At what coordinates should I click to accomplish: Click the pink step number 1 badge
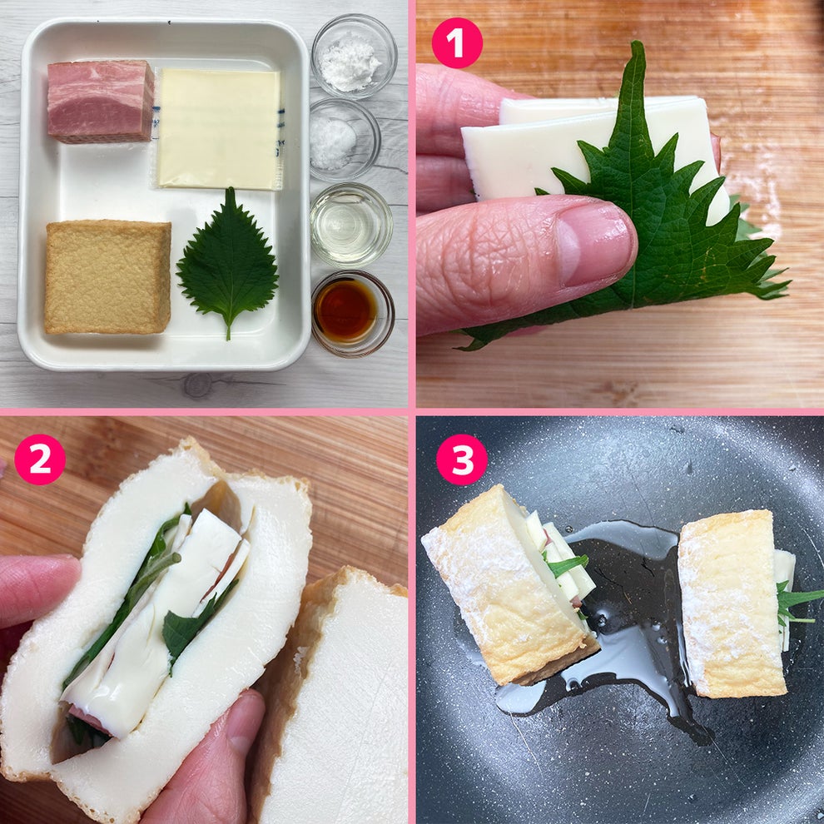pos(457,42)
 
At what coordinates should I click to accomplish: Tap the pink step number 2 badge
pos(39,459)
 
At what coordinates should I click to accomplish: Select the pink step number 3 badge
pos(460,459)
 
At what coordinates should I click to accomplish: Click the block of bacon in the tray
pos(101,101)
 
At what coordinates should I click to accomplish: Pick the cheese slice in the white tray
pos(219,128)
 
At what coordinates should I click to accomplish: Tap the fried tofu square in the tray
pos(107,276)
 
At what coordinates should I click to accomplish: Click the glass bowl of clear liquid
pos(350,224)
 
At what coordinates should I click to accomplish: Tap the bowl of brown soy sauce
pos(352,311)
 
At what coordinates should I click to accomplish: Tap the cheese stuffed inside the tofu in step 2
pos(158,633)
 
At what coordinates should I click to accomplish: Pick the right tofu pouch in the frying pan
pos(730,603)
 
